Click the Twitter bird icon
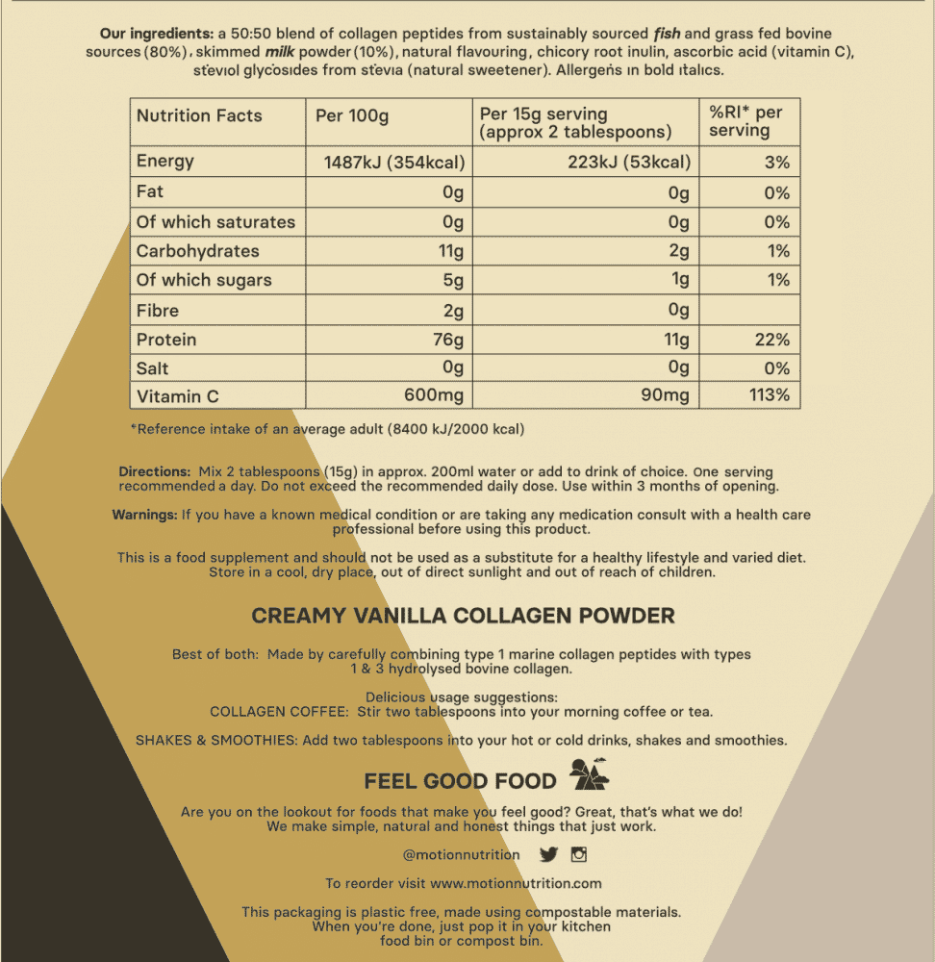coord(548,854)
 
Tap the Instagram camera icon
coord(579,854)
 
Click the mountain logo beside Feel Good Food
coord(589,772)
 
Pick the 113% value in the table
coord(770,396)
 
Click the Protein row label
coord(166,340)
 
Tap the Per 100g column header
coord(352,115)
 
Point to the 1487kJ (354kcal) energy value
coord(394,162)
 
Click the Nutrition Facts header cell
coord(199,115)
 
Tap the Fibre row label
coord(158,311)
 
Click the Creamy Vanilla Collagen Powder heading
coord(463,616)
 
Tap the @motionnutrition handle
coord(462,854)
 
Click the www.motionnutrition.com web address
coord(516,883)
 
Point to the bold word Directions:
coord(155,471)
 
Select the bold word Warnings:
coord(144,515)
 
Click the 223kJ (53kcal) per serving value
coord(629,162)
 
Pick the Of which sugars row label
coord(204,281)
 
